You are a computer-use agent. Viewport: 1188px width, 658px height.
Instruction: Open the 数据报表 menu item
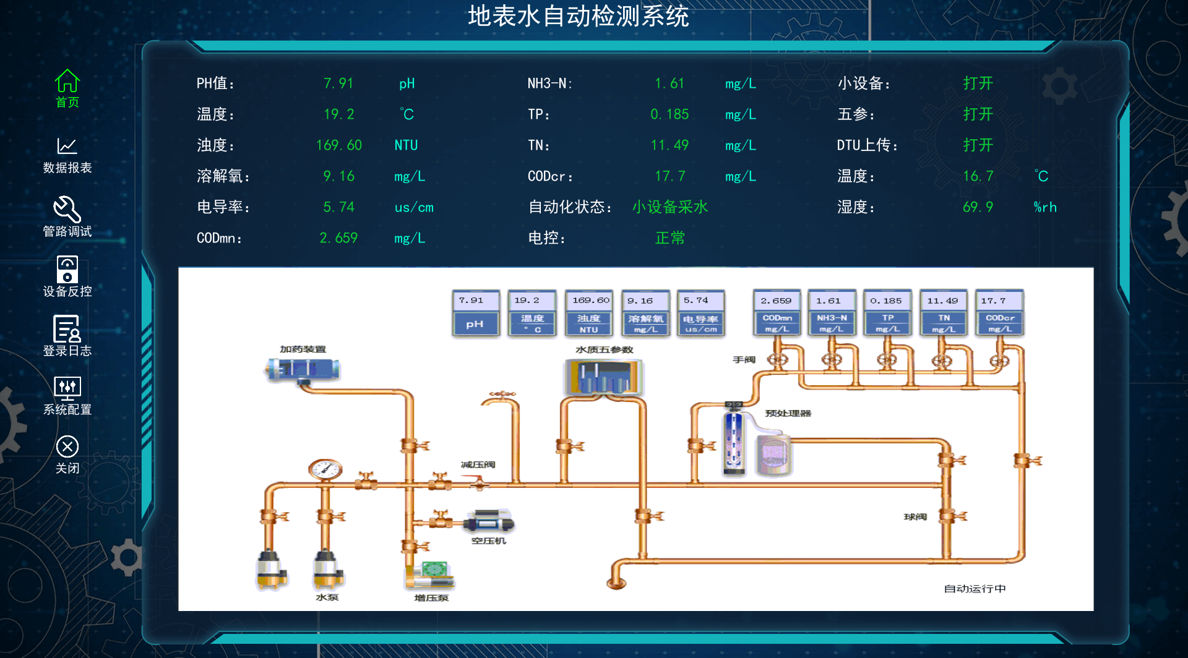[67, 155]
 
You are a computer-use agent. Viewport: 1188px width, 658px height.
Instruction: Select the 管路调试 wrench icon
[67, 210]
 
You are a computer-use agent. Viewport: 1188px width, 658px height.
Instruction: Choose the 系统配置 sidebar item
[67, 395]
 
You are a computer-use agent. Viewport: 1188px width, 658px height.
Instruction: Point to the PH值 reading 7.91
[338, 83]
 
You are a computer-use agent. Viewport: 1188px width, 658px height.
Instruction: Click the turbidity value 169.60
[338, 145]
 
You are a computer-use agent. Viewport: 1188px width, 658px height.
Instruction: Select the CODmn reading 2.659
[338, 238]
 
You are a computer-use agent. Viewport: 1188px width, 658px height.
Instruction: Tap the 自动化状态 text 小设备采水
[669, 207]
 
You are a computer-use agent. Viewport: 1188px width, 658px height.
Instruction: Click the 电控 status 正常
[669, 238]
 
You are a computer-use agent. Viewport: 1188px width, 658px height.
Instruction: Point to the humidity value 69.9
[978, 207]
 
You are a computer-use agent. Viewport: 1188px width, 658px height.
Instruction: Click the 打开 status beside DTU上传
[978, 145]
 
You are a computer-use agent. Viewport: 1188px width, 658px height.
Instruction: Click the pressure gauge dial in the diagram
[325, 470]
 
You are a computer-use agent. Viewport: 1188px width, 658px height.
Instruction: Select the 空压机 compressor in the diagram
[489, 523]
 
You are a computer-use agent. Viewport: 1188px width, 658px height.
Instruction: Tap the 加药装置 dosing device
[303, 370]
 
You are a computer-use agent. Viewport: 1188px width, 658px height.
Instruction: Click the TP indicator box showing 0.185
[887, 312]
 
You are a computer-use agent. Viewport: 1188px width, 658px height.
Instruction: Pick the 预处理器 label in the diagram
[788, 413]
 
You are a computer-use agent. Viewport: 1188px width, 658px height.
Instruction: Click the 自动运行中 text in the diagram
[975, 589]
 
